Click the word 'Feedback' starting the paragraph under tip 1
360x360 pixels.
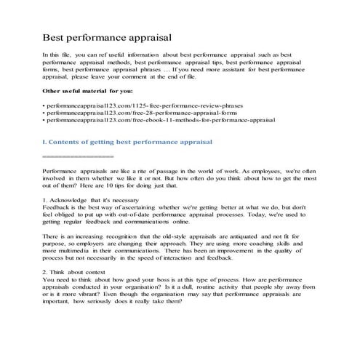[x=57, y=207]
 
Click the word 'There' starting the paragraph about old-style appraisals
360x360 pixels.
[x=52, y=238]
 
